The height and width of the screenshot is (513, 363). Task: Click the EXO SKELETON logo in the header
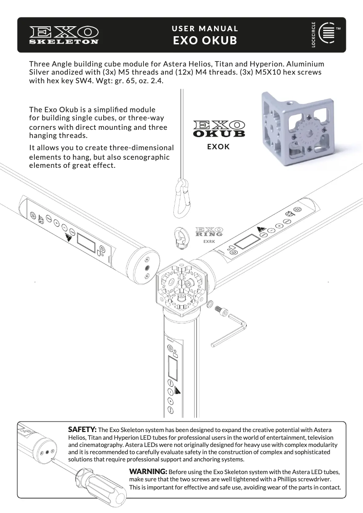pyautogui.click(x=64, y=35)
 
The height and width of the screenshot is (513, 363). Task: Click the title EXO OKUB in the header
pyautogui.click(x=205, y=41)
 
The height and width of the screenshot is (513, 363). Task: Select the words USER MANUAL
pyautogui.click(x=205, y=28)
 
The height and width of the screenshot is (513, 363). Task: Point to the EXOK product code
pyautogui.click(x=219, y=147)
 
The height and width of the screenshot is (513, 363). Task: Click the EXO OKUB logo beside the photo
pyautogui.click(x=220, y=128)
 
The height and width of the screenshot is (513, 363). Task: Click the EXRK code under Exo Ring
pyautogui.click(x=209, y=242)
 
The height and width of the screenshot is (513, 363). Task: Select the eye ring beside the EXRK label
pyautogui.click(x=181, y=238)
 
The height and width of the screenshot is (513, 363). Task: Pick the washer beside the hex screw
pyautogui.click(x=210, y=304)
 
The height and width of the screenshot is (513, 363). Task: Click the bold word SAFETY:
pyautogui.click(x=82, y=429)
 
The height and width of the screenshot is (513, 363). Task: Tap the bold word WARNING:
pyautogui.click(x=148, y=471)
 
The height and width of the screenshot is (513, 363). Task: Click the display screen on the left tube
pyautogui.click(x=86, y=243)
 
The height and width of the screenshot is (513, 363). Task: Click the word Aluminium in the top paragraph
pyautogui.click(x=305, y=64)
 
